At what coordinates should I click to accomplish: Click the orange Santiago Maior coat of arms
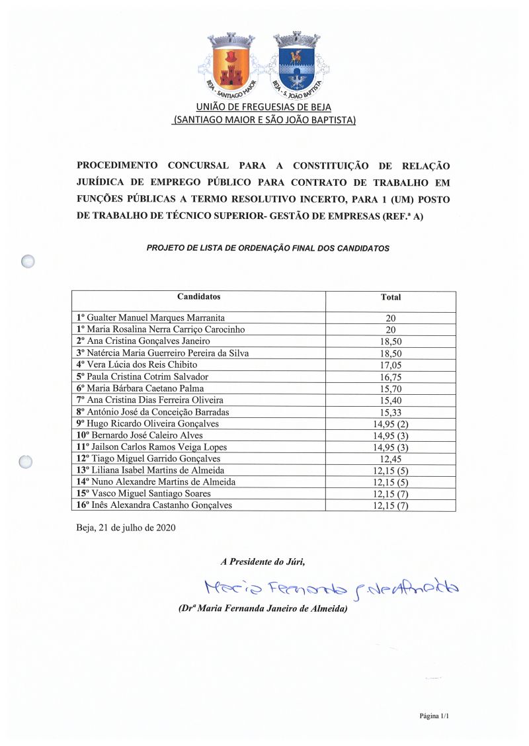[231, 63]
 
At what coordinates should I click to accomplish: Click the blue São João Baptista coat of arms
[297, 63]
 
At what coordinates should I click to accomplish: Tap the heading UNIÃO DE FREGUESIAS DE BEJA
[264, 107]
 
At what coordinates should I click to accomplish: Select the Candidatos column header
[198, 297]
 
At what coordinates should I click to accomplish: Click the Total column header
[390, 298]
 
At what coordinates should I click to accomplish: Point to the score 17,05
[390, 365]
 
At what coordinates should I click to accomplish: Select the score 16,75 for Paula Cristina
[390, 377]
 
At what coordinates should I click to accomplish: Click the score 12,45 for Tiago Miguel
[390, 459]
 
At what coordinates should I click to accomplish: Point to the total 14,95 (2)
[390, 424]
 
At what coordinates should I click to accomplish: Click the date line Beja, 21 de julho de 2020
[126, 528]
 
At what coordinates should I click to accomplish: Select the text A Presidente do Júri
[263, 561]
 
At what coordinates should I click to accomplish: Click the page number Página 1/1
[434, 716]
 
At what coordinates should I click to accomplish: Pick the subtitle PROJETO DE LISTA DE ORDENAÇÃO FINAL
[268, 249]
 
